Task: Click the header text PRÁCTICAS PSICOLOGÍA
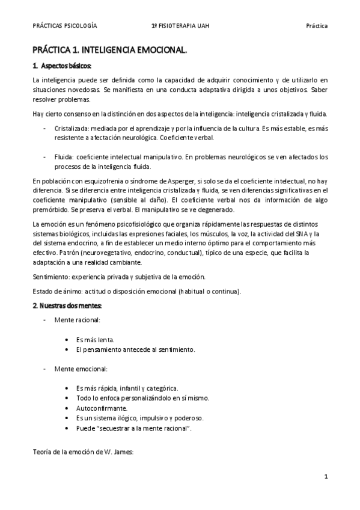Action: pyautogui.click(x=65, y=26)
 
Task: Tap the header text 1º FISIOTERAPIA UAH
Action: pyautogui.click(x=182, y=26)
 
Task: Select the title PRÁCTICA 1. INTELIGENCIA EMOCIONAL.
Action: pyautogui.click(x=109, y=52)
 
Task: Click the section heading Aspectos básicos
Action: pyautogui.click(x=65, y=66)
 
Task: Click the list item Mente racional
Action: pyautogui.click(x=78, y=321)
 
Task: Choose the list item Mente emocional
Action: pyautogui.click(x=81, y=368)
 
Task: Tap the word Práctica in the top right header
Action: pyautogui.click(x=316, y=26)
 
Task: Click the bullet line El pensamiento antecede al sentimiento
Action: pyautogui.click(x=135, y=349)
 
